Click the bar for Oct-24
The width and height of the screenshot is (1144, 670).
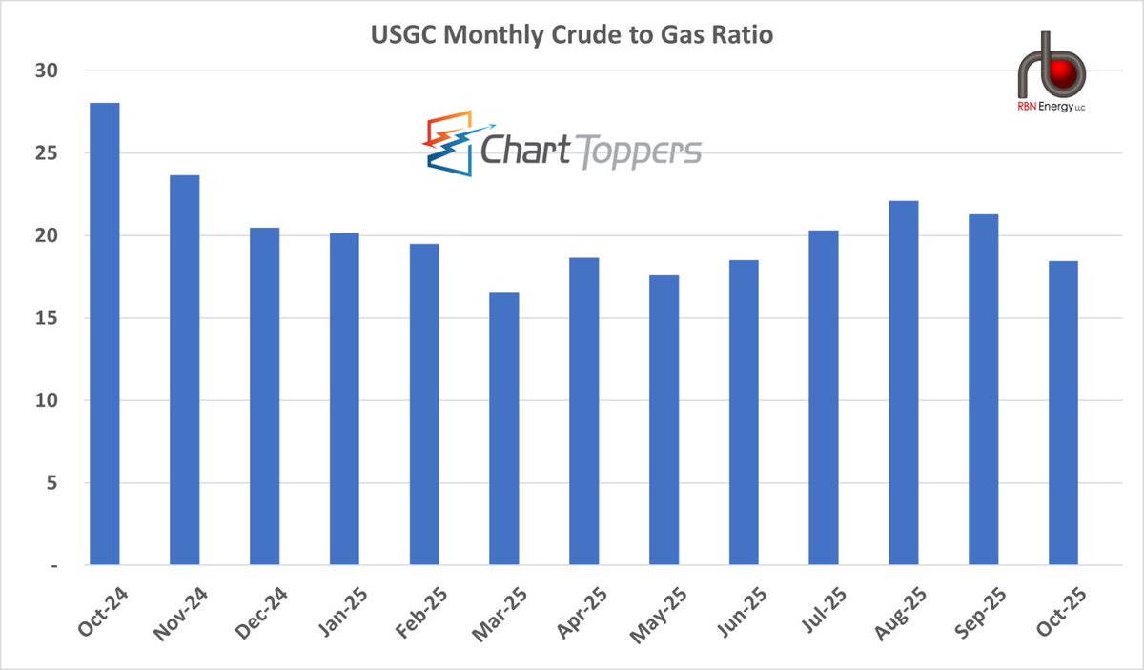tap(104, 334)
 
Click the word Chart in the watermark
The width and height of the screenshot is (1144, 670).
tap(525, 151)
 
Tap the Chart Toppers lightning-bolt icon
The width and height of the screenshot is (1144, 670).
tap(451, 144)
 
